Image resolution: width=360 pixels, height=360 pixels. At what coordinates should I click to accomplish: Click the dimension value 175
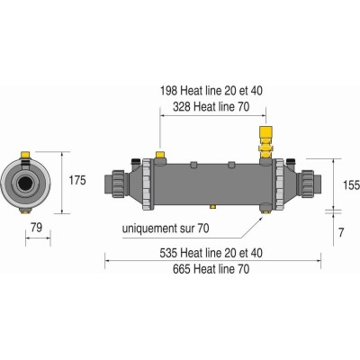(x=77, y=180)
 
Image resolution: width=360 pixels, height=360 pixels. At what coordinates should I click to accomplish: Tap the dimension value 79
(x=37, y=228)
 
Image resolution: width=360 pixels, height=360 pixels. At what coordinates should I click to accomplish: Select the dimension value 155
(x=351, y=185)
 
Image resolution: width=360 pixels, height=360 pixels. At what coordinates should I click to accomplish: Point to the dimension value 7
(x=341, y=233)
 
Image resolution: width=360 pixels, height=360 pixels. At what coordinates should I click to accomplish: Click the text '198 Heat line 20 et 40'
(x=211, y=91)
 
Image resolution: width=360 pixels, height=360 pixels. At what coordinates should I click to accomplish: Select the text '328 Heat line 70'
(x=211, y=106)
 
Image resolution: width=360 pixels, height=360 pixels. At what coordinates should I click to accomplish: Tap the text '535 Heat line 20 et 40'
(x=211, y=253)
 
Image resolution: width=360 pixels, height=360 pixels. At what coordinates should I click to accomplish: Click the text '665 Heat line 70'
(x=211, y=269)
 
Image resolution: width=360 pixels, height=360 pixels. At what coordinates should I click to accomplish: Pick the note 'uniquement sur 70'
(x=166, y=229)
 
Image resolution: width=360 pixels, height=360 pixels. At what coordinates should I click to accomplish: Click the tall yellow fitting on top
(x=265, y=142)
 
